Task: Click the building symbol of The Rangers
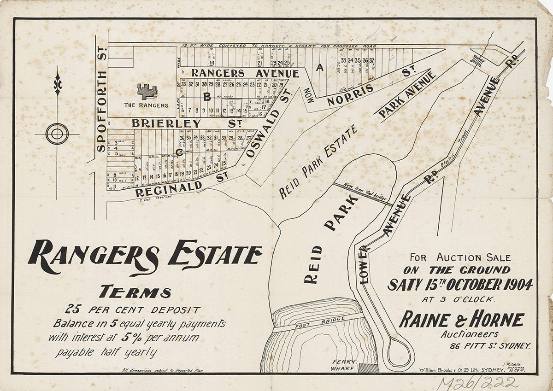(x=147, y=91)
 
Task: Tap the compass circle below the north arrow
(x=57, y=134)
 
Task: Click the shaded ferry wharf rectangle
(x=368, y=368)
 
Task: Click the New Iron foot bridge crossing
(x=363, y=194)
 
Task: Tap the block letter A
(x=318, y=68)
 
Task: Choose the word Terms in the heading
(x=135, y=292)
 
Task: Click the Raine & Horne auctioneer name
(x=461, y=319)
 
